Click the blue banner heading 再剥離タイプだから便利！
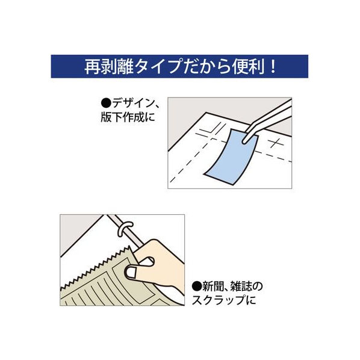179,66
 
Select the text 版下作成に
128,117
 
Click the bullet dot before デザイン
106,104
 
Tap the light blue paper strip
231,156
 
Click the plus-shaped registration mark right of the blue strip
277,143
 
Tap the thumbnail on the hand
130,272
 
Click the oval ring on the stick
125,228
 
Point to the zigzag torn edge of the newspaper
95,267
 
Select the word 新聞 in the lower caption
211,286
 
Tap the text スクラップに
224,300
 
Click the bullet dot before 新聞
197,286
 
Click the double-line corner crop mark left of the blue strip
210,131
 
